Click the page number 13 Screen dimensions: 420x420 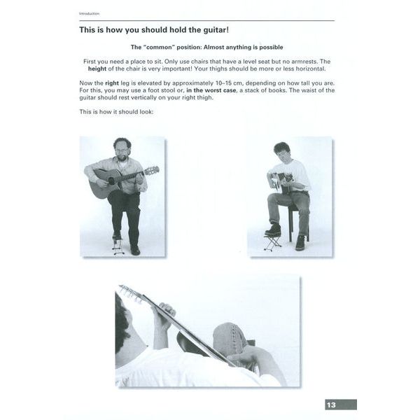click(331, 405)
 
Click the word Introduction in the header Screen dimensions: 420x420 click(89, 14)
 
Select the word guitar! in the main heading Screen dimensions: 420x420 click(216, 29)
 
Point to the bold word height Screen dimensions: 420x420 click(97, 69)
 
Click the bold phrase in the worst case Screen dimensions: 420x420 click(211, 90)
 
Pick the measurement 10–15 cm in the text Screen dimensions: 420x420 click(229, 83)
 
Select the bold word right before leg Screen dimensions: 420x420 click(112, 83)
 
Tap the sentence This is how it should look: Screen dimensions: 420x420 click(116, 112)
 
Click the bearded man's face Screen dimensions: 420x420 click(122, 152)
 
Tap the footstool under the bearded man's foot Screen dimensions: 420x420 click(118, 246)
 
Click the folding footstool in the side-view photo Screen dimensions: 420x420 click(273, 242)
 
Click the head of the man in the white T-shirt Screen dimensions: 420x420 click(283, 152)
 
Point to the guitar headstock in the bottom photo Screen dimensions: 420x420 click(130, 294)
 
